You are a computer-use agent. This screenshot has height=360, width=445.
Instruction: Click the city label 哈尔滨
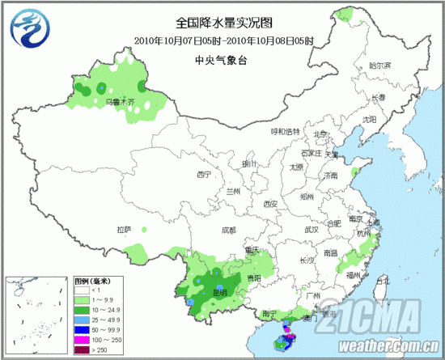pos(379,65)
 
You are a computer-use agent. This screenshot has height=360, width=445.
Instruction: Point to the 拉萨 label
pos(124,229)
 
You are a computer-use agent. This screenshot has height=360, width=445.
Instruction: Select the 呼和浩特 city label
pos(284,131)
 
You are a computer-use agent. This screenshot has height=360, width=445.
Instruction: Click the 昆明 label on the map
pos(218,291)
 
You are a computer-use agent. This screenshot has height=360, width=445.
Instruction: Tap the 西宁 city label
pos(203,175)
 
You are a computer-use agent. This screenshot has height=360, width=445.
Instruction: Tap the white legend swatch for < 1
pos(82,289)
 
